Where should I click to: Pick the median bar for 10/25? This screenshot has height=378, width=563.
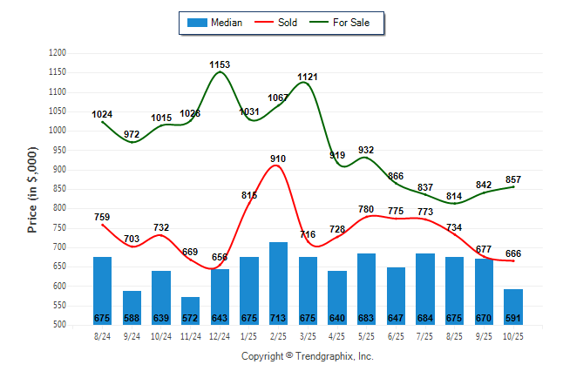click(513, 307)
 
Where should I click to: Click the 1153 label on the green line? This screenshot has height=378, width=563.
click(220, 64)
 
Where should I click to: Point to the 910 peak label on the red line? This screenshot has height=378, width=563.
click(278, 159)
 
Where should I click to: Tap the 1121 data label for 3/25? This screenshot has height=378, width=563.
click(308, 77)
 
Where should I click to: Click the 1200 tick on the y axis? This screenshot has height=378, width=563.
click(58, 53)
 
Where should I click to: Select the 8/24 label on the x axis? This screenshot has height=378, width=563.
click(102, 335)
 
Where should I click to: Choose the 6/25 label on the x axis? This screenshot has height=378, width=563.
click(396, 335)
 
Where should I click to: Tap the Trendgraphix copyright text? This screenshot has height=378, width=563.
click(307, 356)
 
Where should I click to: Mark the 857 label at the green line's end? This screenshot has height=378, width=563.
click(513, 179)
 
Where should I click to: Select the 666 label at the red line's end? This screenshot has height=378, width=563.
click(513, 253)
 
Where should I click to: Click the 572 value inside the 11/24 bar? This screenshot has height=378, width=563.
click(190, 318)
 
